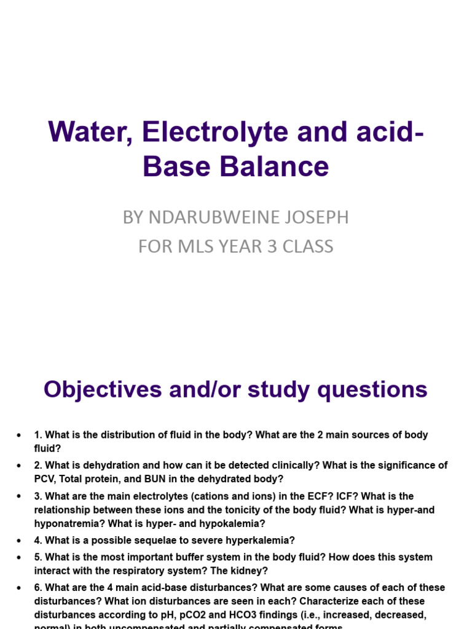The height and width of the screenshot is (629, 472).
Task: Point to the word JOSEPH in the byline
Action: [x=317, y=217]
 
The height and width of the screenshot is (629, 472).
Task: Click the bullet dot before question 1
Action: [x=20, y=435]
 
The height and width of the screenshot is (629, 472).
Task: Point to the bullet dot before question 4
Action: [x=20, y=541]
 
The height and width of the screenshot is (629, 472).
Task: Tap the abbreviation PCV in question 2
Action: [x=45, y=479]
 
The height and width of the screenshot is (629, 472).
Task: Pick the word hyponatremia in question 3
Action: [x=63, y=524]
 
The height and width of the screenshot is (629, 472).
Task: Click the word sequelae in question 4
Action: [x=156, y=541]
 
